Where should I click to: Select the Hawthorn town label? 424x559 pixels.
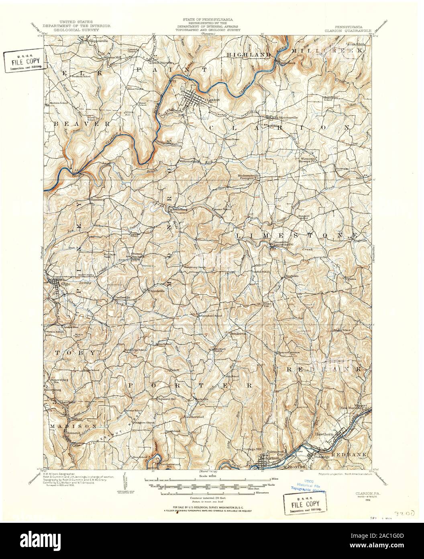(x=325, y=434)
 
